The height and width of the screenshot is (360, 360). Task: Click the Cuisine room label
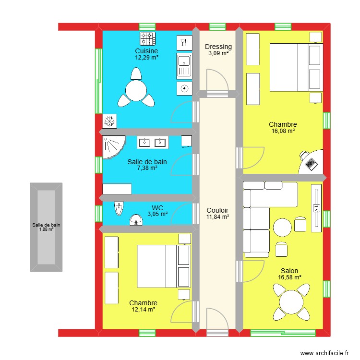(146, 51)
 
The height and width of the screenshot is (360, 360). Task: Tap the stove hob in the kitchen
(147, 37)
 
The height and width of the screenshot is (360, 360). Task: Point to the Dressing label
(218, 47)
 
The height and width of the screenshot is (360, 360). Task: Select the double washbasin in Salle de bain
(152, 142)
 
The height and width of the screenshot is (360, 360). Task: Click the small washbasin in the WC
(137, 221)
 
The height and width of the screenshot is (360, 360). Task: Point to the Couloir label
(217, 210)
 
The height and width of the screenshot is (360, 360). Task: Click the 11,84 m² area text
(217, 217)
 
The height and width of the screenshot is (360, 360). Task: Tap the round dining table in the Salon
(291, 302)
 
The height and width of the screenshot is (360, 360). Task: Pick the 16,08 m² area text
(283, 131)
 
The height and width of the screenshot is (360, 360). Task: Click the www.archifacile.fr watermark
(325, 353)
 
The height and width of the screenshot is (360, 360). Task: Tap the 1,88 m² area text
(46, 229)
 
